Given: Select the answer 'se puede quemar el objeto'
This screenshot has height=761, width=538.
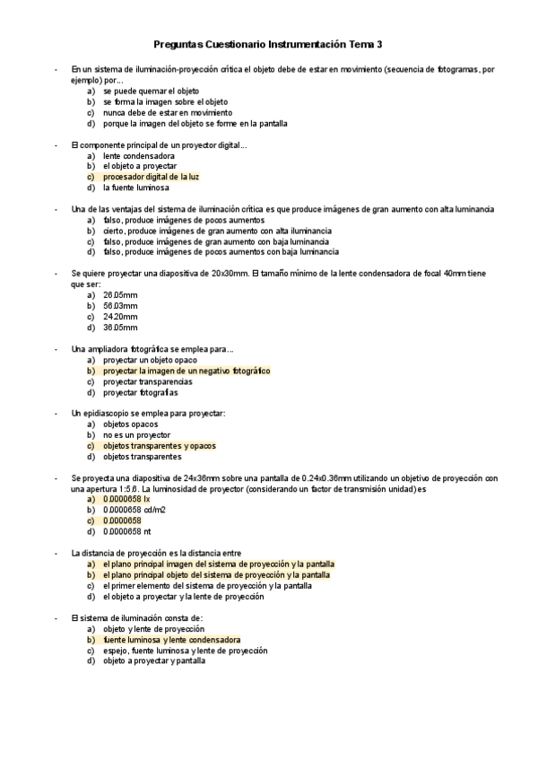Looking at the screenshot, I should coord(151,91).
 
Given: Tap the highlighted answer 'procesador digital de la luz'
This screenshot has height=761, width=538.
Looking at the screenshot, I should coord(151,178).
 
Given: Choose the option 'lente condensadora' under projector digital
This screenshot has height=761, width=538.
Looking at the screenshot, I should coord(139,156).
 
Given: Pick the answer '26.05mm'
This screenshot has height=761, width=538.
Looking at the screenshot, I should coord(121,294).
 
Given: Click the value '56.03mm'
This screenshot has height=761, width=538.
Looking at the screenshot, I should coord(121,305).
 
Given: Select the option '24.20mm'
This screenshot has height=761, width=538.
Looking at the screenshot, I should coord(121,316).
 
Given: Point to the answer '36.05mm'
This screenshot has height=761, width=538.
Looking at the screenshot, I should coord(121,327).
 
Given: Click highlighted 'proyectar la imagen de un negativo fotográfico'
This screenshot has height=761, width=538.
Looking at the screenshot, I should coord(187,371).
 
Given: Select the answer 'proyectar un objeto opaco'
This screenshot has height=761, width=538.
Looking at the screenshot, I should coord(149,360).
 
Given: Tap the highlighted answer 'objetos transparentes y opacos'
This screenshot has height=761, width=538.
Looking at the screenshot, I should coord(160,445).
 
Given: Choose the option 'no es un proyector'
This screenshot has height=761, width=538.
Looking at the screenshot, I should coord(136,434).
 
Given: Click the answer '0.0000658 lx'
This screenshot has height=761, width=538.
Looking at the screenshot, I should coord(126,499).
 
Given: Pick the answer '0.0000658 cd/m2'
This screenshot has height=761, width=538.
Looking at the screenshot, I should coord(134,510).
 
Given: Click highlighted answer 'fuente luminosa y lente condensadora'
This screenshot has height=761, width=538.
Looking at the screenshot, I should coord(172,640).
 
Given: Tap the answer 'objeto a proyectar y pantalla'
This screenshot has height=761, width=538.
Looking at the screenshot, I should coord(154,661).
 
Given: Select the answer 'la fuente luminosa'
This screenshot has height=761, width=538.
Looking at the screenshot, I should coord(136,188).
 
